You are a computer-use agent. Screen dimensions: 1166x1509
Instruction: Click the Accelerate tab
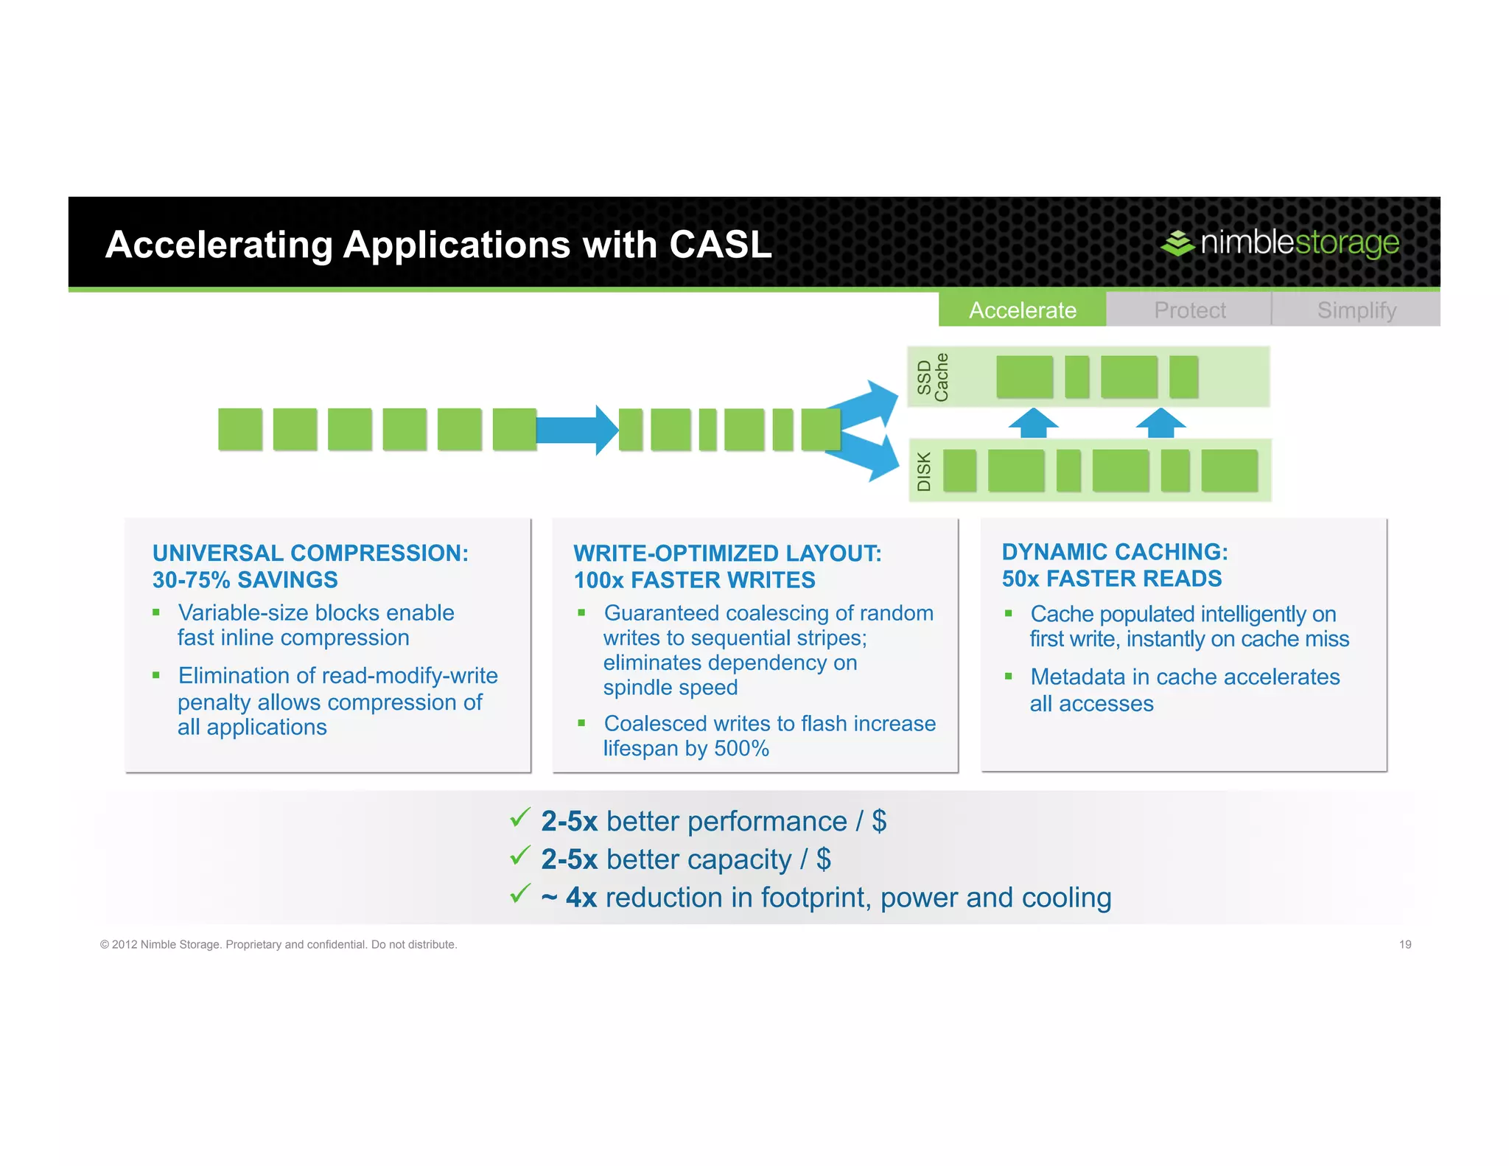(x=1022, y=310)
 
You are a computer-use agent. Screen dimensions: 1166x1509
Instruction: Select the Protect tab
(x=1189, y=310)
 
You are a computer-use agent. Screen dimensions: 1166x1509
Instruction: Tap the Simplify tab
(x=1356, y=310)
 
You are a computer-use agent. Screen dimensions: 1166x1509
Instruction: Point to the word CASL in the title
(x=720, y=245)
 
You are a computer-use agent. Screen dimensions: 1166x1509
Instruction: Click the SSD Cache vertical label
(x=932, y=377)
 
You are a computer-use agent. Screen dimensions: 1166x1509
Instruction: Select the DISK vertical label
(x=924, y=471)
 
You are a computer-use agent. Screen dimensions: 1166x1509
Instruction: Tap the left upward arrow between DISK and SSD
(x=1033, y=423)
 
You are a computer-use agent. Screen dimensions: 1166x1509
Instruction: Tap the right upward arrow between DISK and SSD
(x=1160, y=423)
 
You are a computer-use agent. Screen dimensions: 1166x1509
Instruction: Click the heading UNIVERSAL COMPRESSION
(x=309, y=553)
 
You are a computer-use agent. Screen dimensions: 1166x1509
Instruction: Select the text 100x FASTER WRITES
(x=694, y=580)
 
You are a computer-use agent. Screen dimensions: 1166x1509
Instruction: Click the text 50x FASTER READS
(x=1111, y=579)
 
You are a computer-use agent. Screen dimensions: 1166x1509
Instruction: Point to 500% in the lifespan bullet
(x=741, y=749)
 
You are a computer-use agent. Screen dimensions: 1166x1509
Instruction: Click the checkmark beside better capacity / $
(x=520, y=856)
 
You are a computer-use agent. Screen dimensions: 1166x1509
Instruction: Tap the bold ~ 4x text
(x=568, y=898)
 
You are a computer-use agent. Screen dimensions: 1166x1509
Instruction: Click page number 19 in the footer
(x=1404, y=944)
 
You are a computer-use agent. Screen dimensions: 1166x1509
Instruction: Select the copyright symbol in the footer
(x=105, y=945)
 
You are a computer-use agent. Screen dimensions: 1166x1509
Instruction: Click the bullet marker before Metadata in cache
(x=1009, y=676)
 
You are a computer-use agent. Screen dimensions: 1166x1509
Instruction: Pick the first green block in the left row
(x=240, y=429)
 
